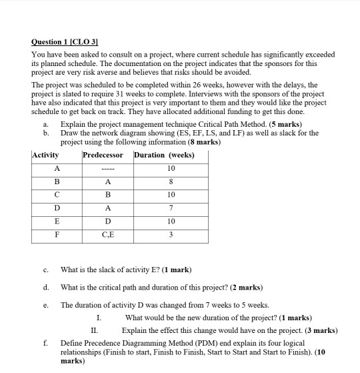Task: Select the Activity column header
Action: (45, 155)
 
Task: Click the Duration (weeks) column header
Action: (164, 155)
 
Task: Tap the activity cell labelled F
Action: (57, 236)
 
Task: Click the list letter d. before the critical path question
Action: (45, 288)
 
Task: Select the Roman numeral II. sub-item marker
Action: (95, 330)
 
